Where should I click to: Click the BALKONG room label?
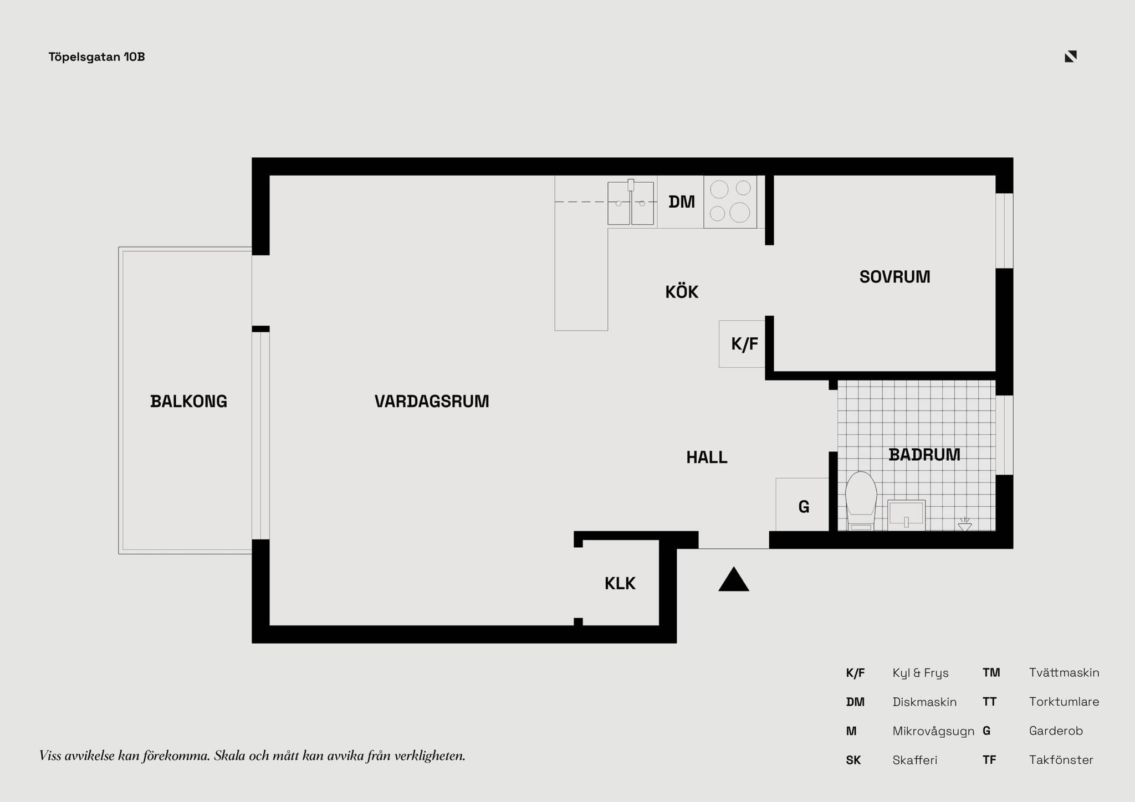click(189, 401)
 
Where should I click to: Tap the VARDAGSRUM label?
click(432, 401)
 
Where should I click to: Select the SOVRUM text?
click(894, 277)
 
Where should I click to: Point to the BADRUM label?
click(924, 455)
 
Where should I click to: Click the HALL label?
click(707, 457)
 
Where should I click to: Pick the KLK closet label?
click(620, 583)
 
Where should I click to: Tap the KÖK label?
click(682, 291)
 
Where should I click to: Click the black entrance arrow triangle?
click(734, 579)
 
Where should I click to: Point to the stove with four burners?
click(730, 202)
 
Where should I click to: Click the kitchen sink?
click(631, 202)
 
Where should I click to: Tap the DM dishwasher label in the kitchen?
click(682, 202)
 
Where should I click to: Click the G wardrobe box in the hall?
click(802, 504)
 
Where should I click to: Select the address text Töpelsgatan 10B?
click(97, 57)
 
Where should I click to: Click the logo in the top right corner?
click(1071, 56)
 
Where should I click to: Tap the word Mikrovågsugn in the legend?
click(933, 731)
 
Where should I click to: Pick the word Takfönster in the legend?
click(1061, 760)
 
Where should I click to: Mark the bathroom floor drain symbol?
click(965, 525)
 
